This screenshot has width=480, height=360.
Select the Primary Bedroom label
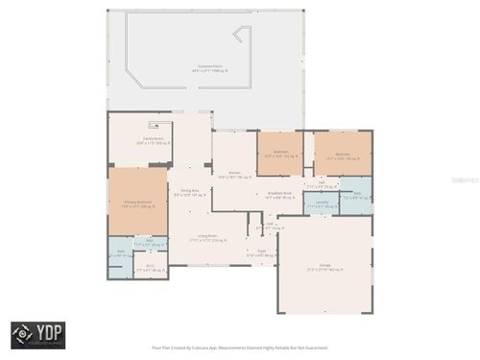pyautogui.click(x=137, y=203)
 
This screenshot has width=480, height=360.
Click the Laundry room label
pyautogui.click(x=322, y=204)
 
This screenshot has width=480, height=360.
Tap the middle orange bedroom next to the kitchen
pyautogui.click(x=280, y=154)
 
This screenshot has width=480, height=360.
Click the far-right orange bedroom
pyautogui.click(x=343, y=154)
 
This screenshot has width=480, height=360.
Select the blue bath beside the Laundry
pyautogui.click(x=356, y=195)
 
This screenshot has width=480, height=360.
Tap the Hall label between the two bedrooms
pyautogui.click(x=322, y=182)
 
